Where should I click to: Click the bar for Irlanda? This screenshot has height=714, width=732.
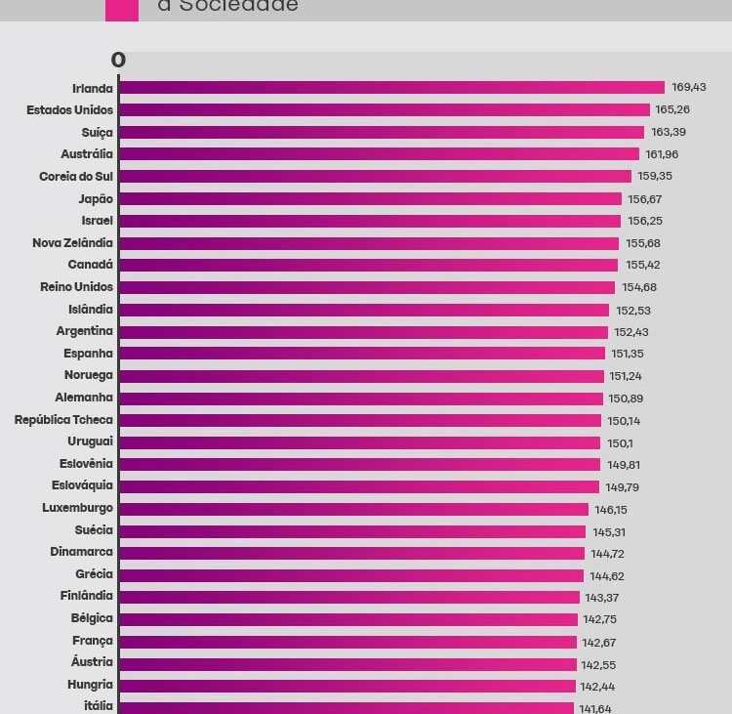(390, 88)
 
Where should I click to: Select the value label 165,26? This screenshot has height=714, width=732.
(672, 110)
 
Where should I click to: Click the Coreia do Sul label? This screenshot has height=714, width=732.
(76, 177)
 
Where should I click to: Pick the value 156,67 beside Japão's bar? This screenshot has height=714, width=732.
(644, 199)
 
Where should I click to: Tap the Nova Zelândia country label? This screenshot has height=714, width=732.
(72, 243)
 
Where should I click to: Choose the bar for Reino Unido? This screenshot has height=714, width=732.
(366, 287)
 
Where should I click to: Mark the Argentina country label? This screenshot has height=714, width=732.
(84, 332)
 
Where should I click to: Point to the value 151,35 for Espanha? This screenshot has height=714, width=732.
(627, 354)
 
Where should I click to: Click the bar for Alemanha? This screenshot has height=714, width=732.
(360, 399)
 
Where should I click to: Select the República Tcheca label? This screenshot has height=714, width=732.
(63, 420)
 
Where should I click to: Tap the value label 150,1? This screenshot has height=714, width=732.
(619, 442)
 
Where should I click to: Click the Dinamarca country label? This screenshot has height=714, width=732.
(81, 553)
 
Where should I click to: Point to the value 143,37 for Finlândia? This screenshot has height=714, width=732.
(602, 598)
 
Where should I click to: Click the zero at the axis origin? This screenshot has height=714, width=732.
(118, 61)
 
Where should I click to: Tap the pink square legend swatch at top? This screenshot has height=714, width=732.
(121, 8)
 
